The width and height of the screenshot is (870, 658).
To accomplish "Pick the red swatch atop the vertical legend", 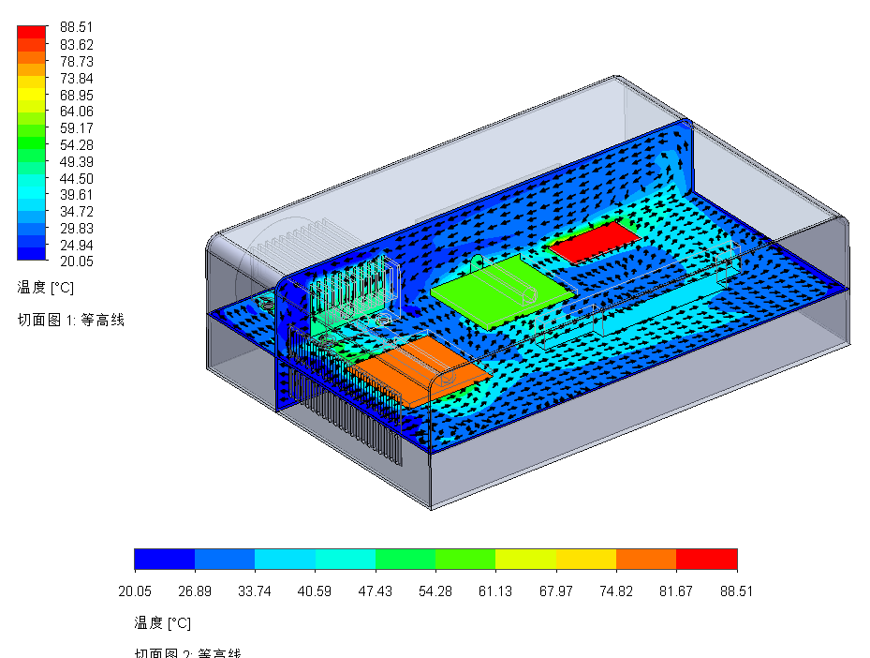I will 31,31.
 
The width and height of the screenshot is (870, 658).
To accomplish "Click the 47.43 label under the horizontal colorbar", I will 376,591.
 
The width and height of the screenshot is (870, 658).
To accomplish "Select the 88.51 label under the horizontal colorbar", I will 736,591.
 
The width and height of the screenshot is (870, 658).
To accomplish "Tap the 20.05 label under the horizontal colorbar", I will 135,591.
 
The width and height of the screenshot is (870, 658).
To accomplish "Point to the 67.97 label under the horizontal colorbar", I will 555,591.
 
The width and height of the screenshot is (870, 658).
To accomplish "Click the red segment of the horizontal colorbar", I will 706,560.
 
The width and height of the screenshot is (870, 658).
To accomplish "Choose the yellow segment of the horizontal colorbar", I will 585,560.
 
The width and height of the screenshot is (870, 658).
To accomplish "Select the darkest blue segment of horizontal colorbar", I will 164,560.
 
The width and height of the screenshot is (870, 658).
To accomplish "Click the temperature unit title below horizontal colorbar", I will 162,622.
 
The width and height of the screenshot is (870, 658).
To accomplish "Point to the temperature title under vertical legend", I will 45,286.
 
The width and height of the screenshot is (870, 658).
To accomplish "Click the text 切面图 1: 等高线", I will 70,320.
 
